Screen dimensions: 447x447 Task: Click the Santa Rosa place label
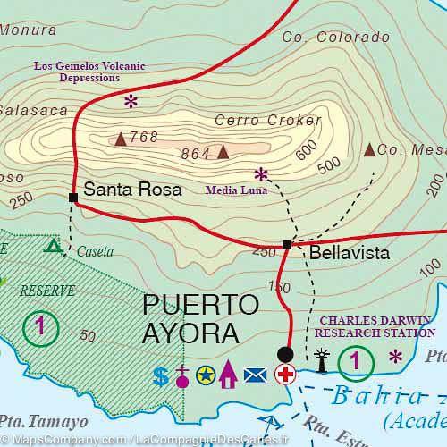[x=132, y=190]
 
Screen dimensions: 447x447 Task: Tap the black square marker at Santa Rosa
[x=72, y=197]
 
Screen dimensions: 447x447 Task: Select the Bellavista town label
[x=350, y=254]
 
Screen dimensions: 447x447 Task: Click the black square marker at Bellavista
[x=287, y=244]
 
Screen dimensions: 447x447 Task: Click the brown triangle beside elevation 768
[x=121, y=139]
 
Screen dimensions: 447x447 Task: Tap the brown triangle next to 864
[x=223, y=152]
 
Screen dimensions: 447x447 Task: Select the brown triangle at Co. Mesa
[x=369, y=149]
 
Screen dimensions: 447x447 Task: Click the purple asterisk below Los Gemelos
[x=131, y=101]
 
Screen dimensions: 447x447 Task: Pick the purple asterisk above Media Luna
[x=261, y=173]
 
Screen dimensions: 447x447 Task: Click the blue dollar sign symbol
[x=161, y=377]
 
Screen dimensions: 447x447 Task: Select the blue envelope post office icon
[x=255, y=376]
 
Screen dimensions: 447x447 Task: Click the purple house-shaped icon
[x=228, y=375]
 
